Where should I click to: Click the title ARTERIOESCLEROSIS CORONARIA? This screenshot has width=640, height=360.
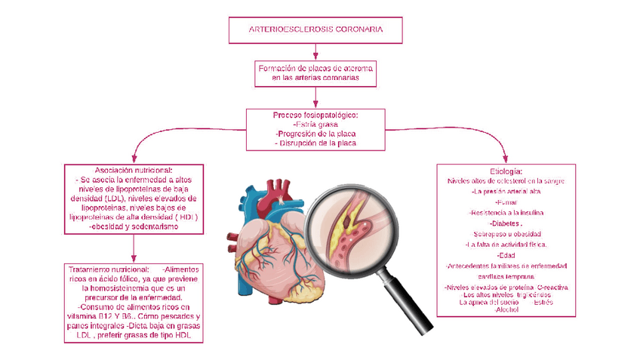pyautogui.click(x=315, y=29)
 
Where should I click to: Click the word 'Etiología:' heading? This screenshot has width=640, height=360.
pyautogui.click(x=506, y=171)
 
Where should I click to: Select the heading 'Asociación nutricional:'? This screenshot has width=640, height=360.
pyautogui.click(x=134, y=171)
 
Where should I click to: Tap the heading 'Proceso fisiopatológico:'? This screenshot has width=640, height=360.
pyautogui.click(x=315, y=115)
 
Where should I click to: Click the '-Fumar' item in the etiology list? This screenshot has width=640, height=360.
pyautogui.click(x=506, y=203)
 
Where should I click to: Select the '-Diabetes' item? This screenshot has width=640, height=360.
pyautogui.click(x=506, y=224)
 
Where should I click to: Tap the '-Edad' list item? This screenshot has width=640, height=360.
pyautogui.click(x=506, y=255)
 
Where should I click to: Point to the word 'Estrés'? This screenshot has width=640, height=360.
pyautogui.click(x=543, y=303)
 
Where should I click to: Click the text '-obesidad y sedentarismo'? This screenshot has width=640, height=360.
pyautogui.click(x=134, y=226)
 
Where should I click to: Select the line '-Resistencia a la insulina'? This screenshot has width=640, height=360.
pyautogui.click(x=506, y=214)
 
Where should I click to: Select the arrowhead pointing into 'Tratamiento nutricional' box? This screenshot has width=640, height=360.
pyautogui.click(x=134, y=260)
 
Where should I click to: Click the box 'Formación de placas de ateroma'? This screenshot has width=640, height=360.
pyautogui.click(x=315, y=72)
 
